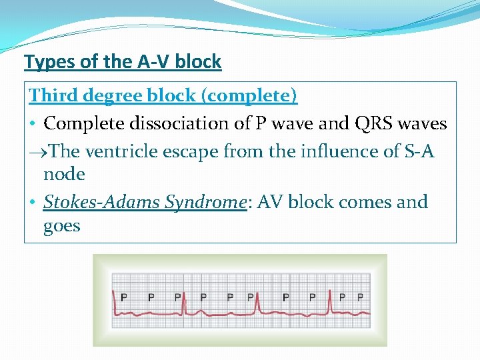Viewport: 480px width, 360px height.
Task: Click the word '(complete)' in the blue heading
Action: coord(251,96)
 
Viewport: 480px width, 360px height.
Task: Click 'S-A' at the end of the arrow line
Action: coord(417,151)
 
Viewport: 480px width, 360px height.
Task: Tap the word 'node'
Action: coord(64,175)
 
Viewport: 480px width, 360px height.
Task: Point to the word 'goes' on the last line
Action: coord(61,226)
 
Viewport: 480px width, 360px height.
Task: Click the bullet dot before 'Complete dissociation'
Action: coord(33,124)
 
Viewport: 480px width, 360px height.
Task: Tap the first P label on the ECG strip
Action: coord(124,297)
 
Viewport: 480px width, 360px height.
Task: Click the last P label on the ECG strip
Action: coord(360,297)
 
